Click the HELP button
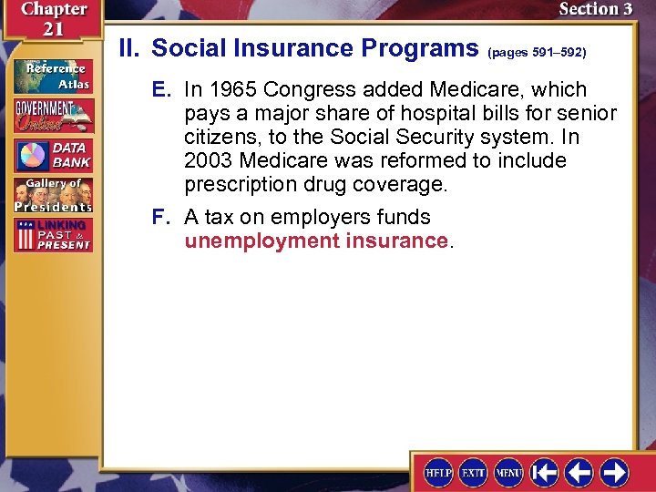pyautogui.click(x=438, y=472)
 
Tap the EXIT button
pyautogui.click(x=473, y=472)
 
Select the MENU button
pyautogui.click(x=508, y=472)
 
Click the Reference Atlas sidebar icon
pyautogui.click(x=53, y=76)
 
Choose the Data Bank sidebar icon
pyautogui.click(x=53, y=155)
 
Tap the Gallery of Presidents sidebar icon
pyautogui.click(x=53, y=194)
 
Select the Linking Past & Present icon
pyautogui.click(x=53, y=234)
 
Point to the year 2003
pyautogui.click(x=209, y=161)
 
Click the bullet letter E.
pyautogui.click(x=160, y=90)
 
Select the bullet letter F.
pyautogui.click(x=160, y=218)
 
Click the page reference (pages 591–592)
pyautogui.click(x=538, y=53)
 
